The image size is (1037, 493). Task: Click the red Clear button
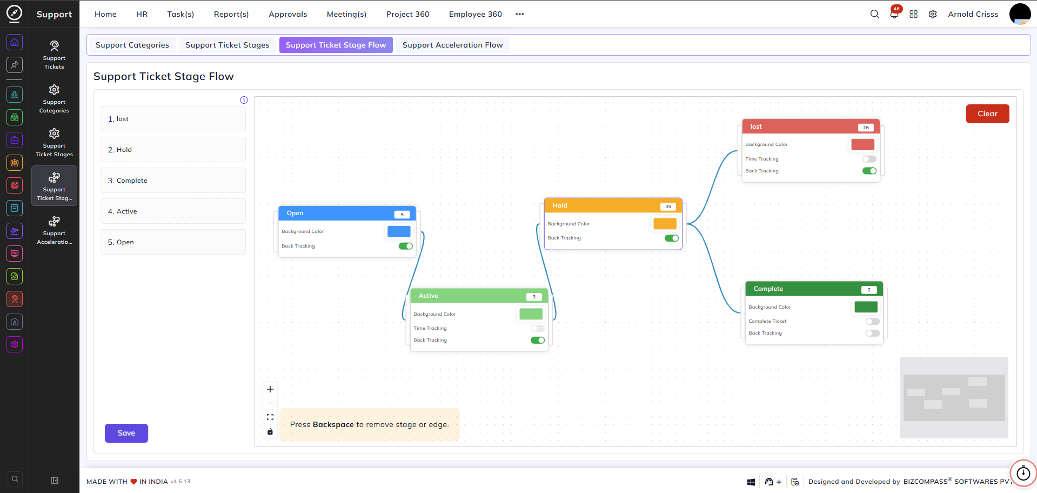pyautogui.click(x=987, y=114)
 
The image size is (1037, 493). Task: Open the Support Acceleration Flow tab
pyautogui.click(x=452, y=45)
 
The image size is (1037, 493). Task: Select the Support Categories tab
pyautogui.click(x=132, y=45)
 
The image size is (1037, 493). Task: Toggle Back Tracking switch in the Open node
pyautogui.click(x=405, y=246)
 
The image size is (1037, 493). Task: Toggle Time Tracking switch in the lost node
pyautogui.click(x=869, y=159)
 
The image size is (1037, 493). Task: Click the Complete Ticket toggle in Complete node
pyautogui.click(x=873, y=321)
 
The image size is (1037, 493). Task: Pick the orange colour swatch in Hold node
pyautogui.click(x=665, y=223)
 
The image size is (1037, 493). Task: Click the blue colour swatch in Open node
pyautogui.click(x=399, y=231)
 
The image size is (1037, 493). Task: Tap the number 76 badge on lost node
pyautogui.click(x=866, y=128)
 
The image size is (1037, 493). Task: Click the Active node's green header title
pyautogui.click(x=429, y=296)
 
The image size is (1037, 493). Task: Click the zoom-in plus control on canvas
pyautogui.click(x=270, y=389)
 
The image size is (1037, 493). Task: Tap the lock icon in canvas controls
pyautogui.click(x=270, y=431)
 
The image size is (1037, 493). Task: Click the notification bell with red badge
pyautogui.click(x=894, y=14)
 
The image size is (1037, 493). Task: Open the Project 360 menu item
pyautogui.click(x=407, y=14)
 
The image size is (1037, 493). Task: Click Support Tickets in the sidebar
pyautogui.click(x=54, y=55)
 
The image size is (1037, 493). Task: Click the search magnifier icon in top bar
pyautogui.click(x=874, y=14)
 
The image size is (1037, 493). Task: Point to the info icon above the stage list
pyautogui.click(x=244, y=100)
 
